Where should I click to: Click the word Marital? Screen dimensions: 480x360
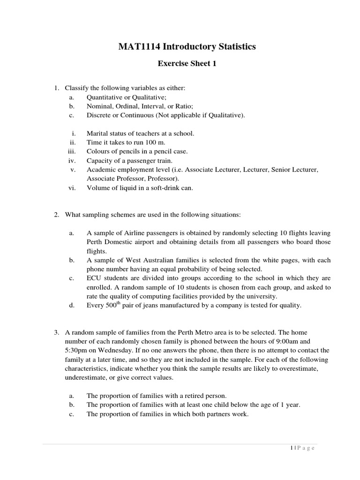tap(97, 133)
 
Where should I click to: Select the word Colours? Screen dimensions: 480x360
tap(99, 151)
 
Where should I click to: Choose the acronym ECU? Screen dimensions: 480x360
tap(94, 278)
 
